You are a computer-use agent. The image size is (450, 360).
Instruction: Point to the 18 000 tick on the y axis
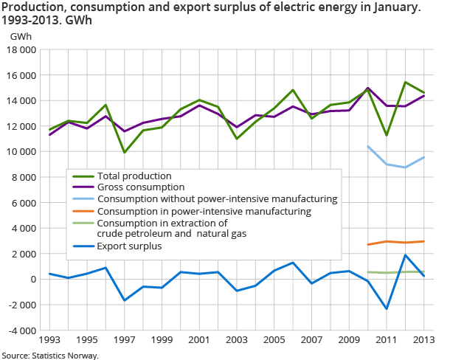[x=21, y=49]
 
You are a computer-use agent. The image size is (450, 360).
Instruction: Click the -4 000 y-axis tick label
[x=21, y=330]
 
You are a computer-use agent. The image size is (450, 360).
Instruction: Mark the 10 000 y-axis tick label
[x=21, y=151]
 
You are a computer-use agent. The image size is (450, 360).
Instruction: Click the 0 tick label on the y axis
[x=32, y=279]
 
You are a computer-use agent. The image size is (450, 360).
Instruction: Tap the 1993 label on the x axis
[x=49, y=340]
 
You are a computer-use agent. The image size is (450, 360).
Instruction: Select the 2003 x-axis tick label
[x=237, y=340]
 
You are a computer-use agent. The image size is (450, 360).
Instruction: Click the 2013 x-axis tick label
[x=423, y=340]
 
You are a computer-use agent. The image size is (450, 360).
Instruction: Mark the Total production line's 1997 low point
[x=125, y=153]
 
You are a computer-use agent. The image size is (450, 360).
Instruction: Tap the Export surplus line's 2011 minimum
[x=387, y=308]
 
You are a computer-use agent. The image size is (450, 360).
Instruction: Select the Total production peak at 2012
[x=405, y=82]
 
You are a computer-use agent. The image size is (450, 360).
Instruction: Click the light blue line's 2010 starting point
[x=368, y=146]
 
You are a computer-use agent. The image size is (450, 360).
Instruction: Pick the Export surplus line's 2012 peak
[x=405, y=255]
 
